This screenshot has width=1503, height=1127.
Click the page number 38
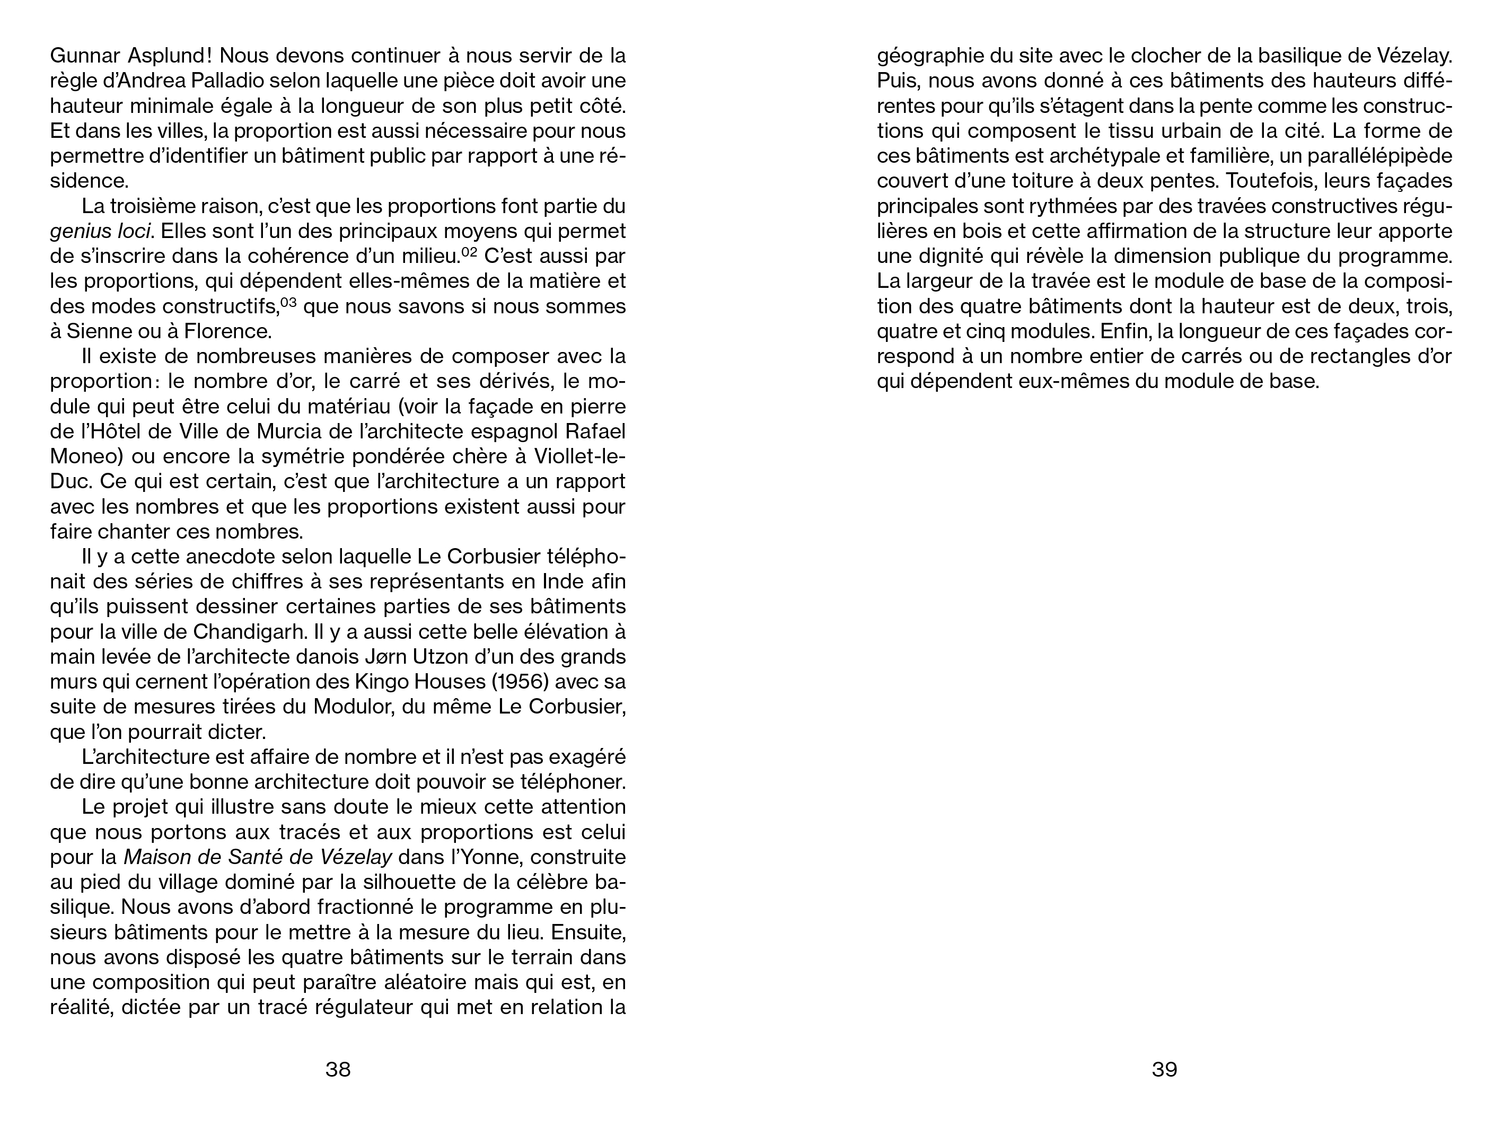[338, 1070]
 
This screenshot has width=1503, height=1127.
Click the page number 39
[1164, 1070]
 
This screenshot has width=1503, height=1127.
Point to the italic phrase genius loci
[99, 232]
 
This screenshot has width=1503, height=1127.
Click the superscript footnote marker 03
[289, 303]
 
